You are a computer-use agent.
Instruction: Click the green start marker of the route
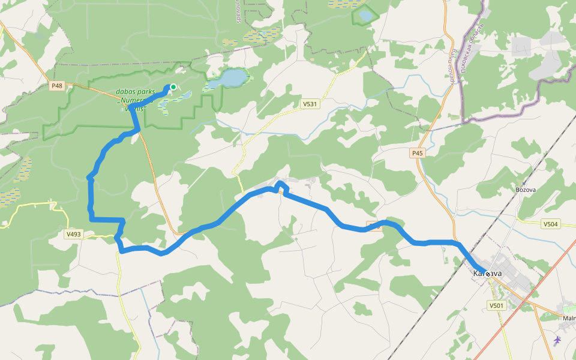173,87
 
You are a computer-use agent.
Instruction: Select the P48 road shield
56,86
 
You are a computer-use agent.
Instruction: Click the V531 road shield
310,104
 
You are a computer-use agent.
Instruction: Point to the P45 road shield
418,154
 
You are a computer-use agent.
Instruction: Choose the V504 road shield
550,224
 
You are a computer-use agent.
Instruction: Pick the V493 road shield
74,234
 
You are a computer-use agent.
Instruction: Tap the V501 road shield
496,305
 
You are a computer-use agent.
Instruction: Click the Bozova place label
526,190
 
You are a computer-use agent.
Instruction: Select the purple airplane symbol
558,341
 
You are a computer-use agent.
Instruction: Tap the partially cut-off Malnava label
569,318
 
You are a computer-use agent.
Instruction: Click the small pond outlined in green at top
365,15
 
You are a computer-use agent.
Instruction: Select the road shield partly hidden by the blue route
373,226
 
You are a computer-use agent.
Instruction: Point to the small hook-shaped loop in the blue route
281,186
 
